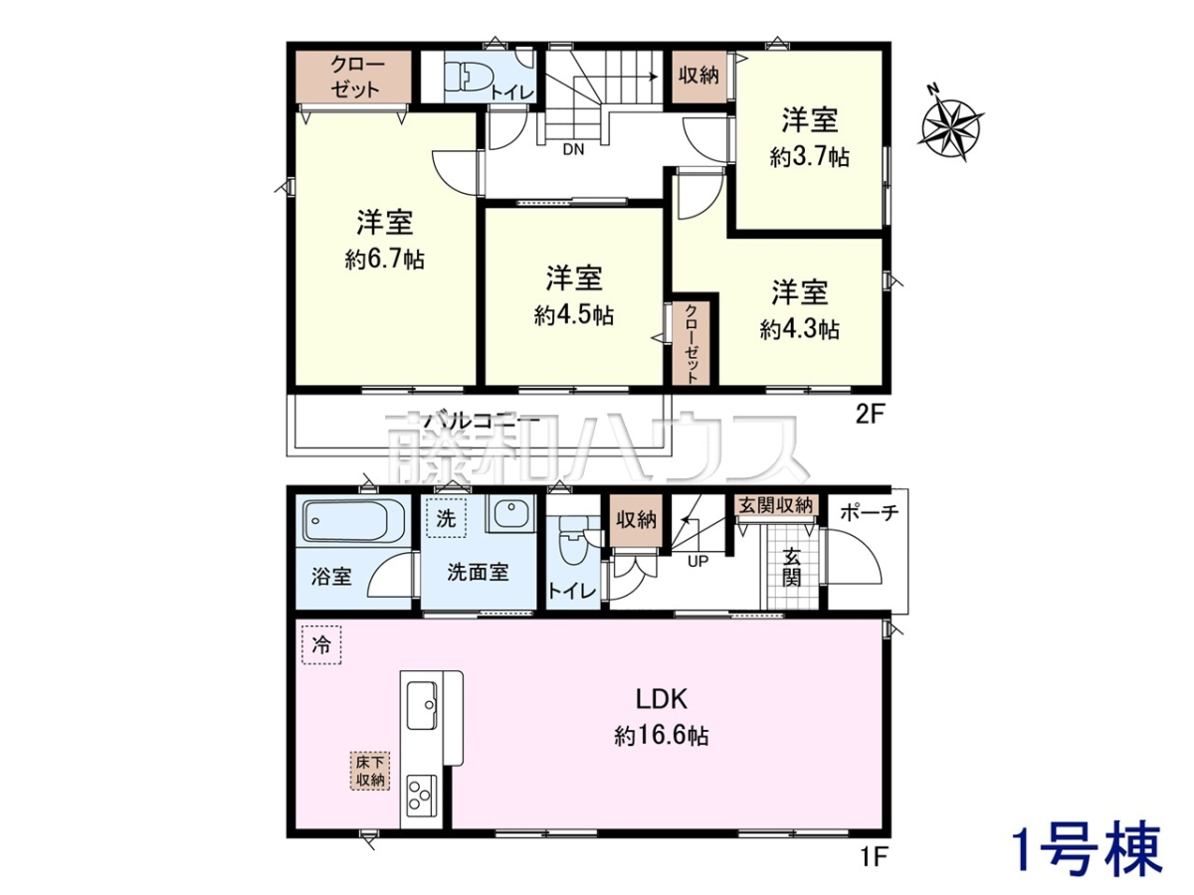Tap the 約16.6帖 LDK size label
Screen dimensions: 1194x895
pos(662,736)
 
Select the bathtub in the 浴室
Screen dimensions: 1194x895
pos(353,521)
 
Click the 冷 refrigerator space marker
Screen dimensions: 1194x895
pos(321,645)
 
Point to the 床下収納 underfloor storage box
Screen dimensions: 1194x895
pos(370,771)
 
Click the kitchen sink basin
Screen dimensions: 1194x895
pos(422,706)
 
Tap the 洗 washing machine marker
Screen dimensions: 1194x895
pos(446,518)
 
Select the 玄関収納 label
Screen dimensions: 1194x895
pos(775,505)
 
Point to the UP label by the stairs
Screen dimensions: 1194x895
pos(697,562)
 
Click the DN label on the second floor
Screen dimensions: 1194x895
pos(573,149)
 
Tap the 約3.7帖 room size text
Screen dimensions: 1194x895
pos(809,157)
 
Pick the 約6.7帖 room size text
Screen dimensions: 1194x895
pos(385,260)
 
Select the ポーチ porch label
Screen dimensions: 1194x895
pos(870,512)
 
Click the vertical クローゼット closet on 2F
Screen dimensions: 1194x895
pos(691,342)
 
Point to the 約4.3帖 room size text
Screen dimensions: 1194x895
pos(799,329)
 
